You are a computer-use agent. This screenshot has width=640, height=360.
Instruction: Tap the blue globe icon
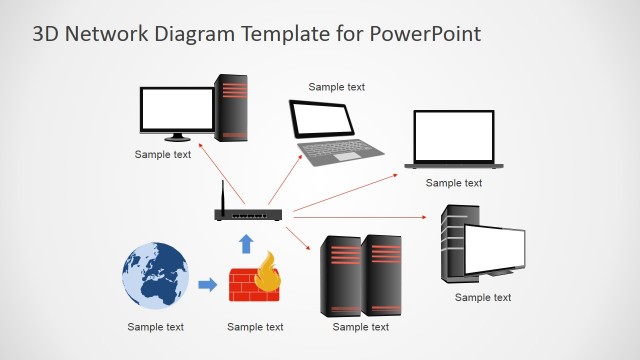155,275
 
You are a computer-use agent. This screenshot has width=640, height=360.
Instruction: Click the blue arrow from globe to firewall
207,285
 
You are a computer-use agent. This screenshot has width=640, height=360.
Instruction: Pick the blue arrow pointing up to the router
246,243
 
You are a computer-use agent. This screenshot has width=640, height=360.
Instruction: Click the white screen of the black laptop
454,136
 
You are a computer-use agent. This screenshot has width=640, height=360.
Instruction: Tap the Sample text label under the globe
156,327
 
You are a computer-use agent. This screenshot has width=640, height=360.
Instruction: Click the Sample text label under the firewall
255,327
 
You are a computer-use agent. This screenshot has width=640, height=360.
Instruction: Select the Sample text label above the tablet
336,87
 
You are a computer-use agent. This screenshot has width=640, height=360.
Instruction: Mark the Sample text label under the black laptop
454,183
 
